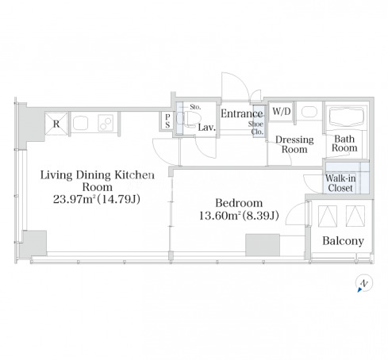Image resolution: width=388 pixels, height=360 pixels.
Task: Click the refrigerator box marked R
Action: [x=56, y=124]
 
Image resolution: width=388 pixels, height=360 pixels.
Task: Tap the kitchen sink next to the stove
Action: [x=80, y=124]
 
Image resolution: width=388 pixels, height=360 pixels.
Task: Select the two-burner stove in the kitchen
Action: [x=106, y=123]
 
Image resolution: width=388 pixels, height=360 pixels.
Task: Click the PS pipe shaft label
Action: [x=167, y=121]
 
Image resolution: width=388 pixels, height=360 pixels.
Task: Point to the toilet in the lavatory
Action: [x=187, y=119]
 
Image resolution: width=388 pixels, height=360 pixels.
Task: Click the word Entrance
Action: [x=241, y=113]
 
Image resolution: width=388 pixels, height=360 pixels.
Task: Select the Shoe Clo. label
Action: [x=255, y=128]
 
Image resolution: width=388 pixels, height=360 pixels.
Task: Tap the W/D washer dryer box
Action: [x=282, y=111]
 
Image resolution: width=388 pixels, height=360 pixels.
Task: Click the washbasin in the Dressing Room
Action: [x=309, y=112]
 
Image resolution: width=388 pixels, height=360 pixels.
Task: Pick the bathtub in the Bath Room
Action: [x=345, y=117]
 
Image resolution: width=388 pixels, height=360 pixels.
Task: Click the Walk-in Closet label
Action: [x=340, y=183]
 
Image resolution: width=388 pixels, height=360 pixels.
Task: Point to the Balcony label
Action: [x=343, y=241]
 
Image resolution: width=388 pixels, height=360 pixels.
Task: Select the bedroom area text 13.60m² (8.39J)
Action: [x=239, y=216]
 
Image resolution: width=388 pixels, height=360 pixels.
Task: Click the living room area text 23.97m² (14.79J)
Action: [x=97, y=199]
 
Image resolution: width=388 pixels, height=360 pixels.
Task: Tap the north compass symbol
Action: [x=364, y=283]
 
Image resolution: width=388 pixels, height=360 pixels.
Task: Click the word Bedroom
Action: [x=239, y=203]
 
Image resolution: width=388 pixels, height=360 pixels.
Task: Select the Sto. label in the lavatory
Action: [x=195, y=107]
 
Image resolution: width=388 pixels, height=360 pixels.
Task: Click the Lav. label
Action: [x=207, y=128]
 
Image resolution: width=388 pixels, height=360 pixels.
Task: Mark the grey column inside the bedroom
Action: [x=263, y=245]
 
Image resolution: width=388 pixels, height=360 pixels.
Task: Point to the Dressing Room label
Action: [x=294, y=144]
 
